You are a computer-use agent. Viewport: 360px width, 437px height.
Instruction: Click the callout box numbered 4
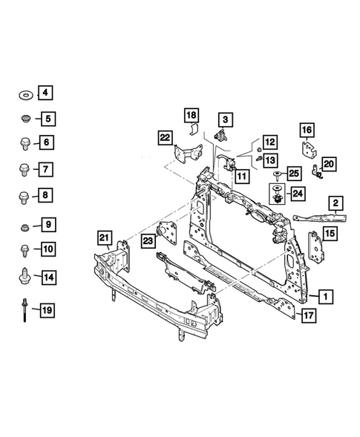pos(45,93)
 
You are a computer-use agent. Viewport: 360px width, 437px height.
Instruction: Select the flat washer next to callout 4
pos(22,93)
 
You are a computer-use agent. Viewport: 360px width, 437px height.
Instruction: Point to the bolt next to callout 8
pos(22,196)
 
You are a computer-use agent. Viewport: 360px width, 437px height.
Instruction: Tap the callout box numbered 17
pos(310,316)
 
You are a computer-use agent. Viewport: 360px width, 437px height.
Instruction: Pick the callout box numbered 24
pos(297,194)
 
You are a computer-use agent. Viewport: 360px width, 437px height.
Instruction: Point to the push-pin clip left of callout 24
pos(278,196)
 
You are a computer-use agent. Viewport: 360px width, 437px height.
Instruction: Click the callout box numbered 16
pos(307,131)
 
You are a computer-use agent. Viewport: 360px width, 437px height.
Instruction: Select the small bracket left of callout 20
pos(317,172)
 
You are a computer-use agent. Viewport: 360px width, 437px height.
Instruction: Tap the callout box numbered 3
pos(224,118)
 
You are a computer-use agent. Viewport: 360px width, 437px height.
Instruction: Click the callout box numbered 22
pos(165,137)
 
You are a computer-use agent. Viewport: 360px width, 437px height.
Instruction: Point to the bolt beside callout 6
pos(22,143)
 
